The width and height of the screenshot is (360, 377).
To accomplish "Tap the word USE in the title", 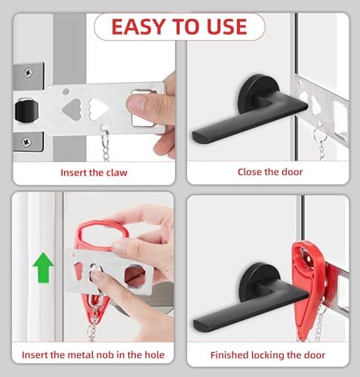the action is click(x=226, y=26).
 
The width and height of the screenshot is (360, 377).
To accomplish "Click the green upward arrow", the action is click(x=43, y=268).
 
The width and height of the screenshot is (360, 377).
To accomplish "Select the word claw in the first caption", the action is click(x=116, y=173).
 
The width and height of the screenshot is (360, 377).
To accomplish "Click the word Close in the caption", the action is click(x=250, y=172).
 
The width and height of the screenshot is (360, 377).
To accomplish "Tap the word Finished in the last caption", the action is click(x=229, y=355).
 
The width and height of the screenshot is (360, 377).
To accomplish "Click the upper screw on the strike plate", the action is click(x=28, y=73).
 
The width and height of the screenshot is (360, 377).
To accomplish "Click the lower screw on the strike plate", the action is click(x=26, y=142).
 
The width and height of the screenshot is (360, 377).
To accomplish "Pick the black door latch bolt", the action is click(x=26, y=111).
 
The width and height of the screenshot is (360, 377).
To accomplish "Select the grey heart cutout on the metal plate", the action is click(x=72, y=109).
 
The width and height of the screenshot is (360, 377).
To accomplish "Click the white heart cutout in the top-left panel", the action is click(x=97, y=109).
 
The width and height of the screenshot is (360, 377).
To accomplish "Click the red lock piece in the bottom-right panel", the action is click(x=307, y=289).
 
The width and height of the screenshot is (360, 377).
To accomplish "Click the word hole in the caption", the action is click(x=155, y=355).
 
